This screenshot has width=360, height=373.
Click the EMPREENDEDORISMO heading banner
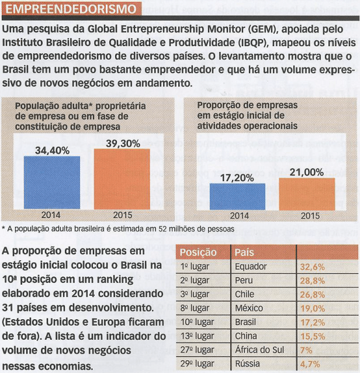[71, 9]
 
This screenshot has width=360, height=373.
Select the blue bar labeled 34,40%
[51, 182]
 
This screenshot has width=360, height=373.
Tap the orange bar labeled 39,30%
[122, 178]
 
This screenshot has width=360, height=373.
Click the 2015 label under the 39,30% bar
[122, 215]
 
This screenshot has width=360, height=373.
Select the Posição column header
[198, 253]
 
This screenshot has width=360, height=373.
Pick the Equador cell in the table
[251, 267]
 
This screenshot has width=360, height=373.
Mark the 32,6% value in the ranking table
[312, 267]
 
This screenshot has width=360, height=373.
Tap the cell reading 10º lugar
[195, 322]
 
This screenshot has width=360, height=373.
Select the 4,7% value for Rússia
[310, 364]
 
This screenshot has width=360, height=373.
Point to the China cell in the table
[245, 336]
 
